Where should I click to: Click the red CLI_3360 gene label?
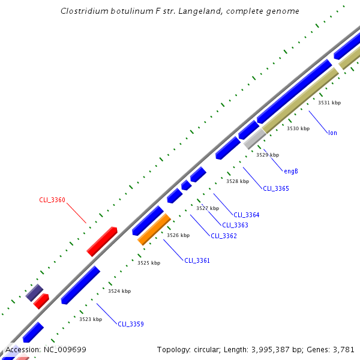(x=52, y=200)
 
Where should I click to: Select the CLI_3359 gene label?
(x=130, y=324)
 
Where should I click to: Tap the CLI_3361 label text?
(x=197, y=260)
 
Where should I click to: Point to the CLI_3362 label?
(x=224, y=236)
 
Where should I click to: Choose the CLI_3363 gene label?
(x=235, y=225)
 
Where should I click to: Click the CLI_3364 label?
(x=247, y=215)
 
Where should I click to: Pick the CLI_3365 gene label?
(x=276, y=188)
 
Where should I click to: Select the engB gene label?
(x=291, y=171)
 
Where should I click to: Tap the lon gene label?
(x=332, y=133)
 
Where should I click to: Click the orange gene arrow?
(x=154, y=230)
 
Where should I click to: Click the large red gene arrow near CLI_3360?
(x=102, y=241)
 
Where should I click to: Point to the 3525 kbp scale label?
(x=149, y=263)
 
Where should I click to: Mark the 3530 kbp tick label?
(x=298, y=128)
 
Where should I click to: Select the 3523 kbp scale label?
(x=91, y=319)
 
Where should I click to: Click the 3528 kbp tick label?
(x=238, y=181)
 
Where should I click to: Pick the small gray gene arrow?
(x=254, y=139)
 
